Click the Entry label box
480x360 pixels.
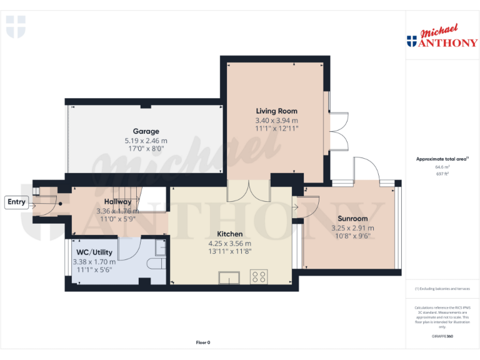[16, 202]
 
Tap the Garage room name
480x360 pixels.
[146, 131]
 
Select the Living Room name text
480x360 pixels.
[276, 111]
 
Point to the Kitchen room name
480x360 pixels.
[229, 234]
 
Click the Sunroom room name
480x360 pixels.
[351, 219]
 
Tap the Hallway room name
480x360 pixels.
[117, 202]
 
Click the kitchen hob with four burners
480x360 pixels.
[259, 276]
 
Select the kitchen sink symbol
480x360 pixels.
[229, 277]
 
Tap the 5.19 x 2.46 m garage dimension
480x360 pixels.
[146, 141]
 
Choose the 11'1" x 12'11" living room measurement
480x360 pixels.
[276, 128]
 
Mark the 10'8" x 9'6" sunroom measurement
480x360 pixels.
[351, 236]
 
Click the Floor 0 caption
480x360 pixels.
[203, 342]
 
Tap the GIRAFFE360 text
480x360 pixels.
[442, 337]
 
